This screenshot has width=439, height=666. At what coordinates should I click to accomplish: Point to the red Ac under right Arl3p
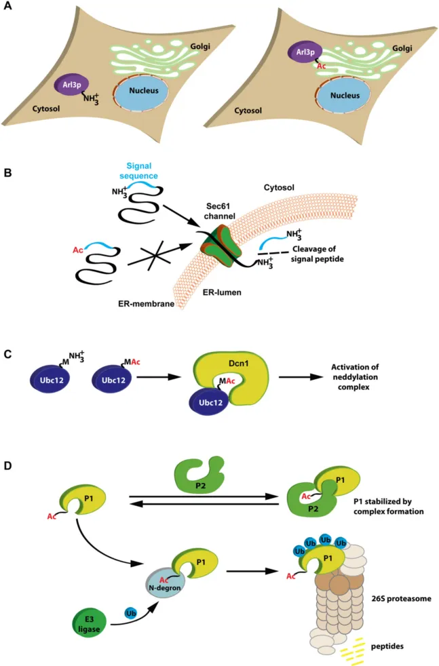tap(319, 67)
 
